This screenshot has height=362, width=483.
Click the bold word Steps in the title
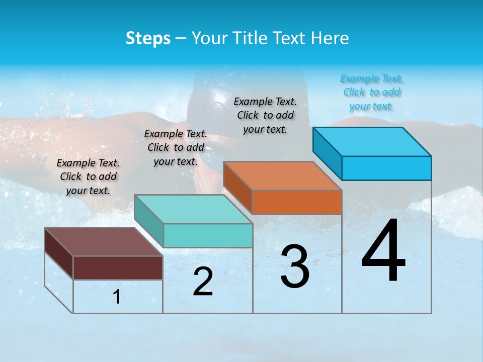(x=148, y=38)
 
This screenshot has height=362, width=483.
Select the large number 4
(x=384, y=251)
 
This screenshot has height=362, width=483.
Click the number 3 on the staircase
(x=295, y=266)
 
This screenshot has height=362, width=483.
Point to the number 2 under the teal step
(x=203, y=282)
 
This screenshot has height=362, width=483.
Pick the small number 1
(x=117, y=297)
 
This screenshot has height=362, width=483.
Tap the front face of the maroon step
(x=118, y=267)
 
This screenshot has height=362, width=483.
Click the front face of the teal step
(x=208, y=235)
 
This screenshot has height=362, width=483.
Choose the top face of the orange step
(x=282, y=176)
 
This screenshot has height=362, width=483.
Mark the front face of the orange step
(x=297, y=202)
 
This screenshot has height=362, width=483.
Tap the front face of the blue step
(x=386, y=168)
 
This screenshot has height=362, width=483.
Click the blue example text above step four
(x=371, y=92)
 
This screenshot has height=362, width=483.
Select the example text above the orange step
(x=265, y=115)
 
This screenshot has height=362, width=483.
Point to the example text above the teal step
(x=176, y=147)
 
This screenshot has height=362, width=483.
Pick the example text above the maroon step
(x=88, y=176)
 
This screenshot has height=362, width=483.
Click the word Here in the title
(x=330, y=38)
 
